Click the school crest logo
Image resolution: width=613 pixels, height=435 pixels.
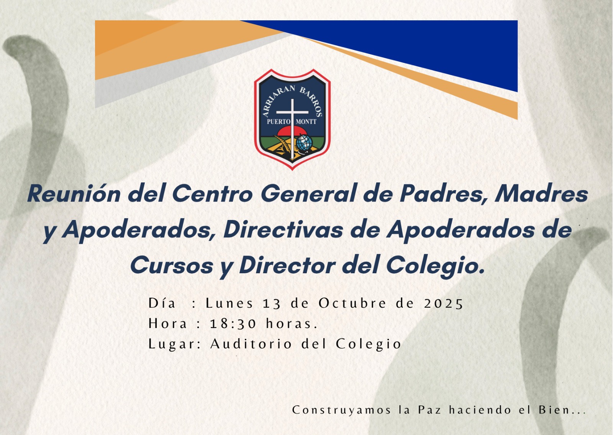292,119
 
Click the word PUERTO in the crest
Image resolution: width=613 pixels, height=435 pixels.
278,121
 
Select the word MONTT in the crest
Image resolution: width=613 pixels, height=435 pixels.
306,121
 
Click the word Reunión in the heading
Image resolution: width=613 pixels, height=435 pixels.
74,194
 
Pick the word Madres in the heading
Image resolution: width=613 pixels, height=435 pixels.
541,194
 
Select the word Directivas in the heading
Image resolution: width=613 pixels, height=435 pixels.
283,230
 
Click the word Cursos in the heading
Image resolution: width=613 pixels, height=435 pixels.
172,265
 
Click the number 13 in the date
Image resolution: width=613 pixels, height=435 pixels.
272,304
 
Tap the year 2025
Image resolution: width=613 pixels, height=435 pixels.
443,304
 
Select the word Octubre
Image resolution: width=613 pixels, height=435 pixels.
352,303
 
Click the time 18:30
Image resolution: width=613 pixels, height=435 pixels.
233,324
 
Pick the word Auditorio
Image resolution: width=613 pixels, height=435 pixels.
251,344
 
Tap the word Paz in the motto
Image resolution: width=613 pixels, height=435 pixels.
429,410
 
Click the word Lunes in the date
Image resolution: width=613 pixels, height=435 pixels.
229,303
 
